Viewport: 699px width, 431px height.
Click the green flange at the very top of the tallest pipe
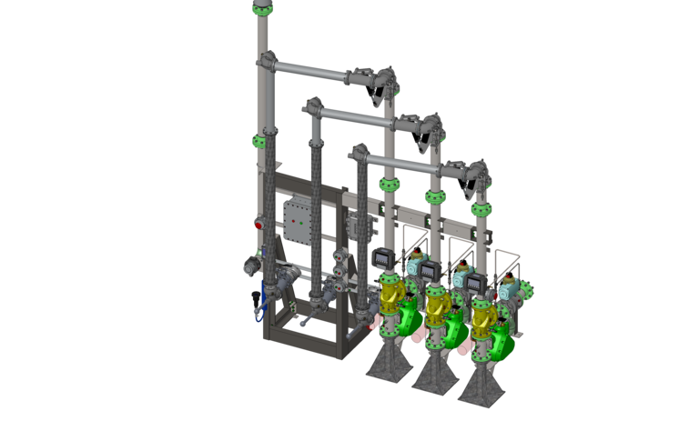(262, 7)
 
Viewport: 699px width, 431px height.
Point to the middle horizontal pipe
(360, 116)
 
